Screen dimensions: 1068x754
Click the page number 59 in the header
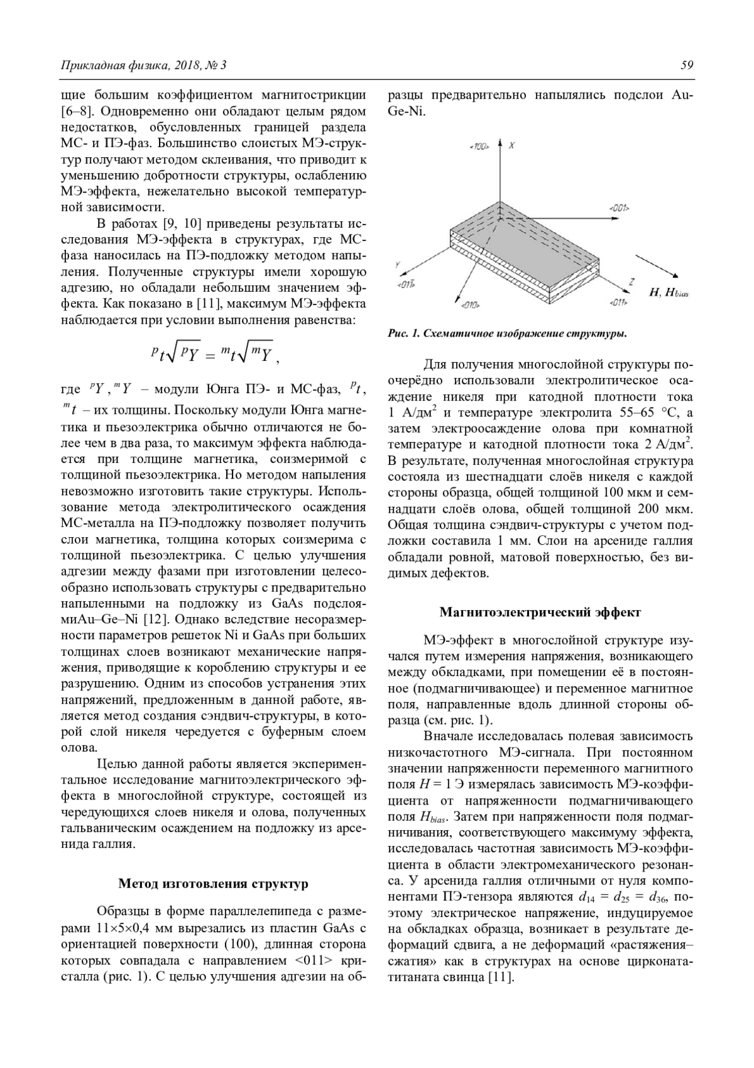(x=686, y=65)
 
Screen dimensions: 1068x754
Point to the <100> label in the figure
(x=479, y=147)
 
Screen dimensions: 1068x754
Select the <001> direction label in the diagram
(x=619, y=208)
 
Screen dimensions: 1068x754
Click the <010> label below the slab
(x=470, y=305)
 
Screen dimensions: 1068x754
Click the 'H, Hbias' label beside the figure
(x=668, y=294)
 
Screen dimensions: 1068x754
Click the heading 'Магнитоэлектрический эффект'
(x=540, y=611)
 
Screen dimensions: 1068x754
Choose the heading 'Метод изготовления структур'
(x=214, y=884)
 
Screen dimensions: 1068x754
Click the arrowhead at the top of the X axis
(x=500, y=142)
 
